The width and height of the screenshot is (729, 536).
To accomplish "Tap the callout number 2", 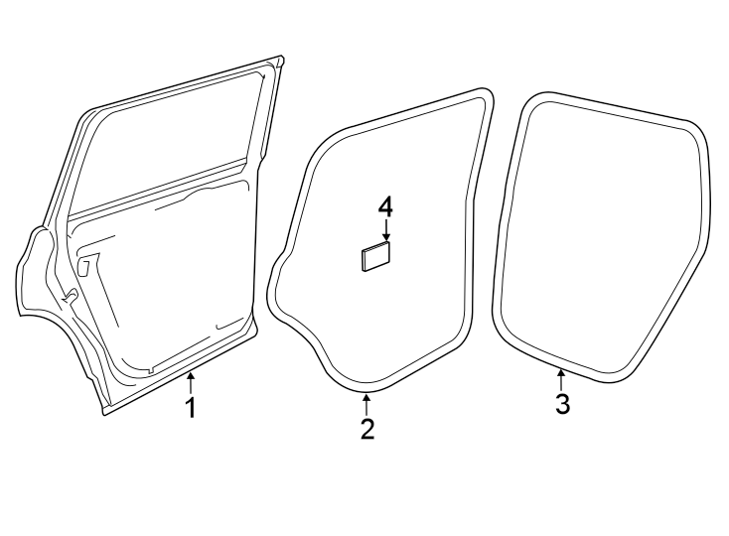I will [367, 429].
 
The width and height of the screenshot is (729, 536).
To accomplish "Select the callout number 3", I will [562, 404].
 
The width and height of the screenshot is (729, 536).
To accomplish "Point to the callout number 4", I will [385, 206].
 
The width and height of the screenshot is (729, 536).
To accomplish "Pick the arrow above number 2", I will [367, 403].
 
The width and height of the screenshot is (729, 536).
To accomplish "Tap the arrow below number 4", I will [385, 230].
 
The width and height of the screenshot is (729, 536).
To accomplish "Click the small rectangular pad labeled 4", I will [375, 256].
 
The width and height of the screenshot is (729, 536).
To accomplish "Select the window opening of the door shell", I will [169, 144].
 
